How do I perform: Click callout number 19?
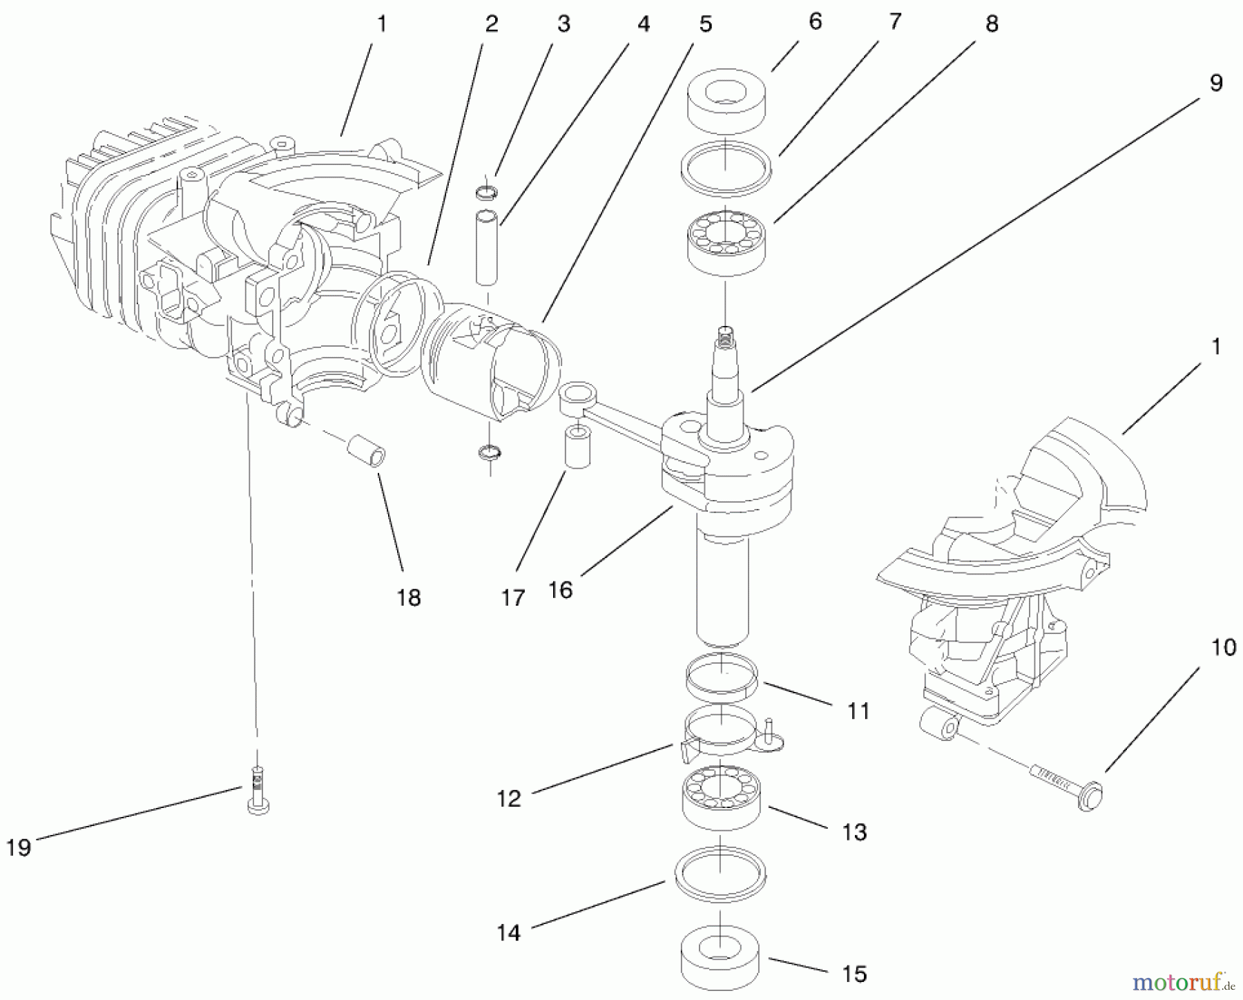coord(19,847)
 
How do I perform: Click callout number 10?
coord(1224,648)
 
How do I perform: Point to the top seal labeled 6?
coord(726,101)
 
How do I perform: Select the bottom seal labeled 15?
coord(720,956)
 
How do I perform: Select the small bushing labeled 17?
coord(577,448)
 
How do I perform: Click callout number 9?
coord(1216,83)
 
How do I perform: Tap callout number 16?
coord(560,590)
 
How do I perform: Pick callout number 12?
coord(509,798)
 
